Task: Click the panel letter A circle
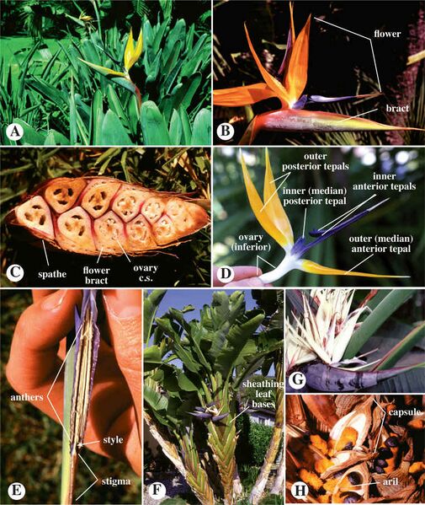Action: click(13, 132)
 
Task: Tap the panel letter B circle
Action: click(226, 132)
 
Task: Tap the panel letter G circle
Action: click(298, 379)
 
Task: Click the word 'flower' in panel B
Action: click(387, 34)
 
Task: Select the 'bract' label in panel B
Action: click(397, 108)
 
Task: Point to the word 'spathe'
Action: click(52, 274)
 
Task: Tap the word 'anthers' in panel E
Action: click(27, 397)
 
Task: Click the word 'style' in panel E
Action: click(113, 440)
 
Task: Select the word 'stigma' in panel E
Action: click(116, 481)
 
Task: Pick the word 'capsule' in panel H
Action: click(405, 412)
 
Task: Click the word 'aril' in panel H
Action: click(390, 481)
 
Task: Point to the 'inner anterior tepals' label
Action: click(385, 181)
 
